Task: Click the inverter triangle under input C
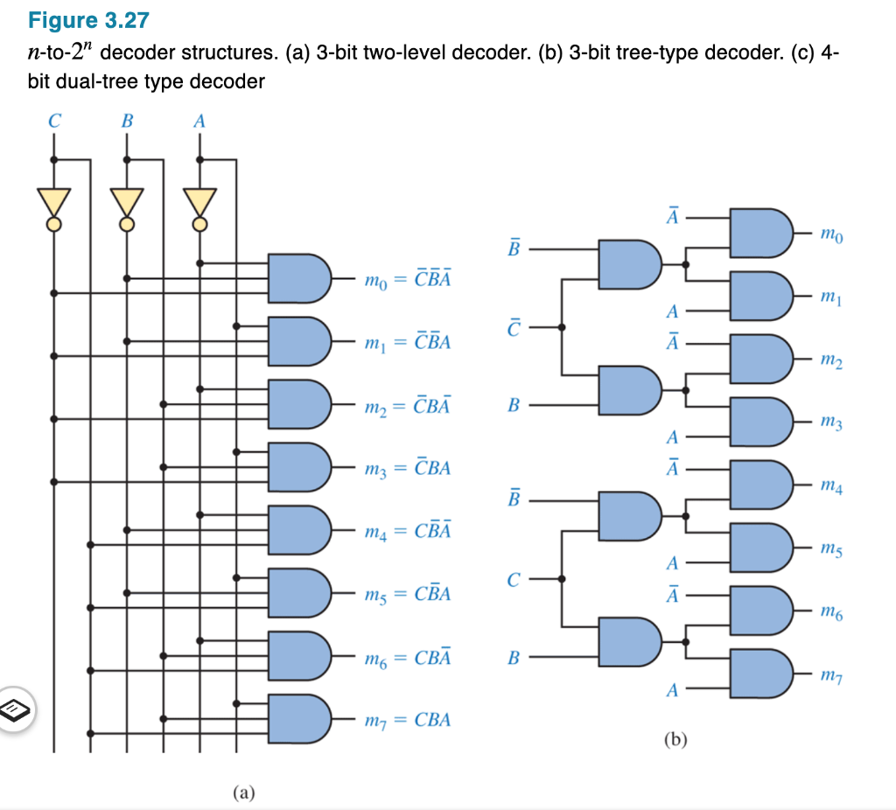pyautogui.click(x=54, y=201)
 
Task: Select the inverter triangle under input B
pyautogui.click(x=127, y=201)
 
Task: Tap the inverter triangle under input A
pyautogui.click(x=200, y=201)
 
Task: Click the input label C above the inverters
pyautogui.click(x=54, y=122)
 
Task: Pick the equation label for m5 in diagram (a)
pyautogui.click(x=408, y=594)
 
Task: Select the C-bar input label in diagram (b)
pyautogui.click(x=515, y=327)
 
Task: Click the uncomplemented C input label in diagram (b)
pyautogui.click(x=514, y=578)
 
